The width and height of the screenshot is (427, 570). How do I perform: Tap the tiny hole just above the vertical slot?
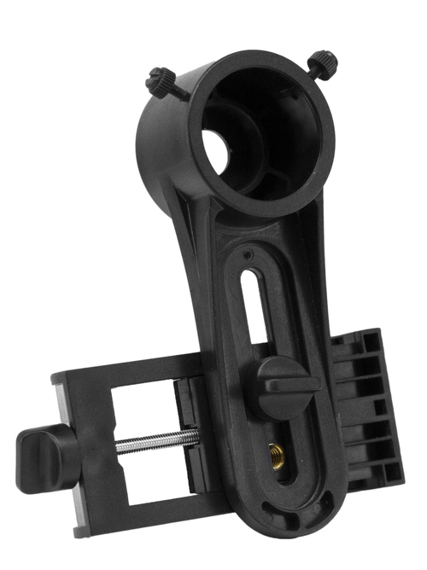click(247, 254)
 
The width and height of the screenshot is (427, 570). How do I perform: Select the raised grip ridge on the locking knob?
click(287, 384)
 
